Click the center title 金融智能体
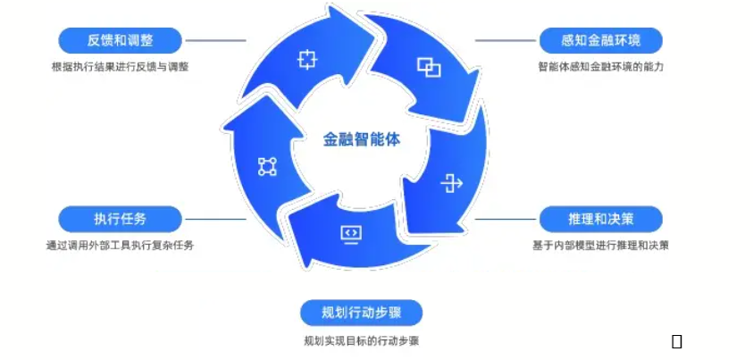[x=362, y=138]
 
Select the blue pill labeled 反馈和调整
[x=120, y=40]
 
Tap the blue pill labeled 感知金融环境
[x=601, y=40]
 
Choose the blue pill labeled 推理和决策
[x=601, y=219]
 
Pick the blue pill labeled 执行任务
[x=120, y=219]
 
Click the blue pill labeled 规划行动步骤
[x=361, y=313]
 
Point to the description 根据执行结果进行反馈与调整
[x=120, y=67]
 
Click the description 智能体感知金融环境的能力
[x=601, y=67]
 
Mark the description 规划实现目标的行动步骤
[x=361, y=340]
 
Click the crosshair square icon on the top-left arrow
[x=307, y=60]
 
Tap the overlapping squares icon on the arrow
[x=429, y=67]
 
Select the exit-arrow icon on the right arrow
[x=452, y=184]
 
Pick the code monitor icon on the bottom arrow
[x=351, y=234]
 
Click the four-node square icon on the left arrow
[x=267, y=166]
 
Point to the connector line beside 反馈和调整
[x=214, y=40]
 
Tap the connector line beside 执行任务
[x=214, y=219]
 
